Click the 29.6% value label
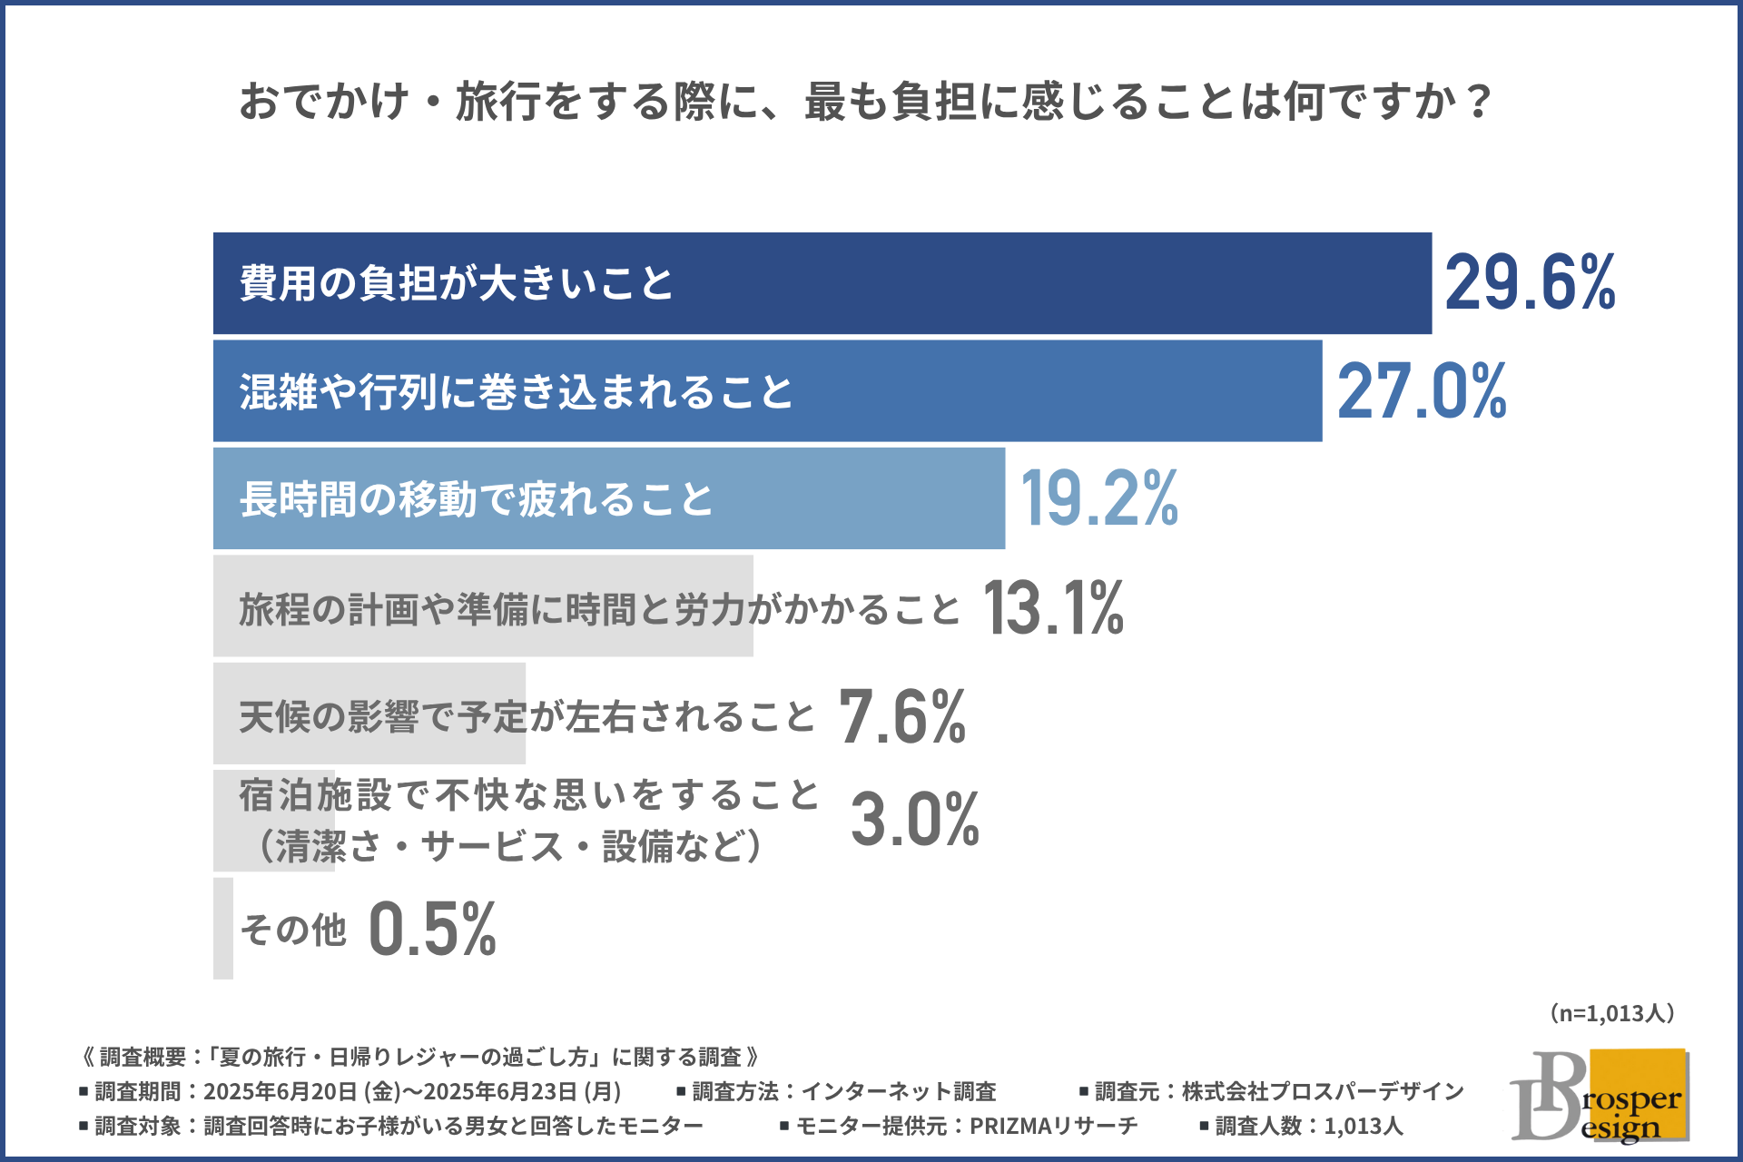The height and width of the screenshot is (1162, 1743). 1530,282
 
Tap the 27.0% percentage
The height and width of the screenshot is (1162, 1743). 1422,390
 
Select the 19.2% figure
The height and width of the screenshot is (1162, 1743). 1099,498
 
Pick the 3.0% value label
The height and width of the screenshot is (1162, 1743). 915,819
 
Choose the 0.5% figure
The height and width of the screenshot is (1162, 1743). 433,929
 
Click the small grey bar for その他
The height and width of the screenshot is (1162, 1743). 223,928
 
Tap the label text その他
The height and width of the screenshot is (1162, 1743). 293,930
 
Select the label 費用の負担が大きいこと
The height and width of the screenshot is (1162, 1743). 456,283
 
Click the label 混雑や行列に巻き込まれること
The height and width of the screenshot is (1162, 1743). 516,391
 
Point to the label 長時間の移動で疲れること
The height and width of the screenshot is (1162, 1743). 476,499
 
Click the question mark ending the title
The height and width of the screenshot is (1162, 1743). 1478,101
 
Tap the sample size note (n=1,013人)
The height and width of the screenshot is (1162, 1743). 1611,1013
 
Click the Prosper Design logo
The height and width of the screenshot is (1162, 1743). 1599,1096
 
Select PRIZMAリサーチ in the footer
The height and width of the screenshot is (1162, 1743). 1053,1127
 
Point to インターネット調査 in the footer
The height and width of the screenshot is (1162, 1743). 899,1091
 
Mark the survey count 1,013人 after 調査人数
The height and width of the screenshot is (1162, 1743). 1364,1127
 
